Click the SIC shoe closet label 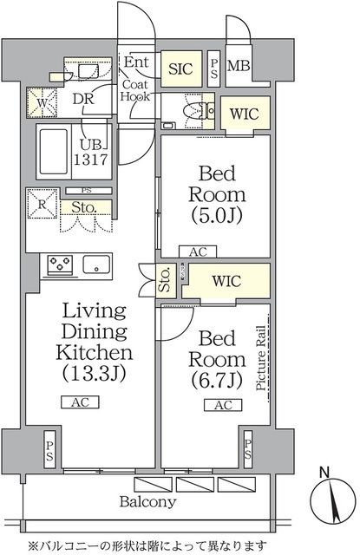click(x=180, y=69)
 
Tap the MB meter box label click(x=239, y=66)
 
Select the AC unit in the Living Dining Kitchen click(x=80, y=402)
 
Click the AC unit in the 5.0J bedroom click(x=198, y=252)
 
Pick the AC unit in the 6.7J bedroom click(x=223, y=405)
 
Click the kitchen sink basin click(x=96, y=264)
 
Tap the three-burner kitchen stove click(x=61, y=264)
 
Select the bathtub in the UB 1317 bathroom click(x=54, y=152)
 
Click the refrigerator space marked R click(x=43, y=204)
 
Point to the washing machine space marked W click(x=42, y=103)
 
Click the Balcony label click(x=147, y=502)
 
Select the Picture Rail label click(x=261, y=358)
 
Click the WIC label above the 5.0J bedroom click(x=245, y=114)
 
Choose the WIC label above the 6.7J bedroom click(x=226, y=281)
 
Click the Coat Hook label click(x=134, y=90)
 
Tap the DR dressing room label click(x=83, y=99)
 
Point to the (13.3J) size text click(x=95, y=373)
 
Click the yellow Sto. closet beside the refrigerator click(x=86, y=207)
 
